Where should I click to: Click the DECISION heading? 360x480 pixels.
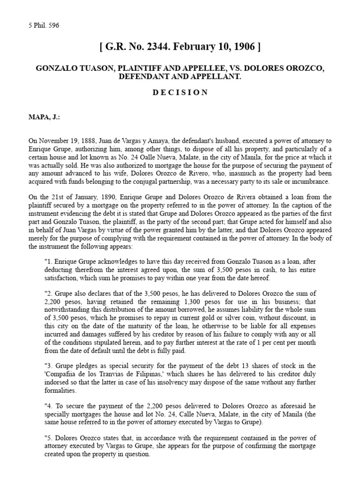pos(180,93)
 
